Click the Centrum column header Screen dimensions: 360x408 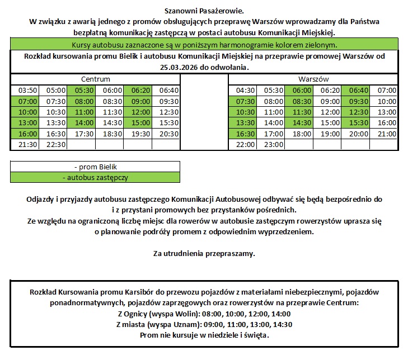click(95, 79)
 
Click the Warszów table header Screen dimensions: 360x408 click(313, 79)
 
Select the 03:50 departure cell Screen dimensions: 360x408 click(27, 91)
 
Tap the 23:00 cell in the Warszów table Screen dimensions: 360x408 click(274, 144)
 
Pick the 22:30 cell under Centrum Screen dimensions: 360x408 click(55, 144)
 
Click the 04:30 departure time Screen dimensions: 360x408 click(246, 91)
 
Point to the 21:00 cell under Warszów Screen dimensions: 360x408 click(386, 134)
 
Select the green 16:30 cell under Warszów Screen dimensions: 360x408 click(246, 134)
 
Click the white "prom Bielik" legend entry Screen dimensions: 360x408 click(95, 167)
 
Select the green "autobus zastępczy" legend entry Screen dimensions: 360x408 click(95, 177)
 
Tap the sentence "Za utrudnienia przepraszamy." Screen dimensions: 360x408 click(204, 253)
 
